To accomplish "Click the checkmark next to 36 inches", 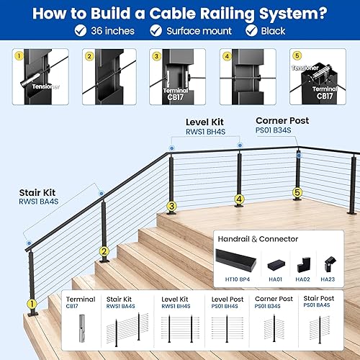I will pyautogui.click(x=81, y=30).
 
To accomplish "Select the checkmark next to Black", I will pyautogui.click(x=251, y=30).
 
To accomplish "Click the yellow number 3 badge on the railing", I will pyautogui.click(x=171, y=207).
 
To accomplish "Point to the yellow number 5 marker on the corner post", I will pyautogui.click(x=297, y=193).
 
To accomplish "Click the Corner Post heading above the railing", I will pyautogui.click(x=282, y=120).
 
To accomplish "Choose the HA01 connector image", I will pyautogui.click(x=276, y=264).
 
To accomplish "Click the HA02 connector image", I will pyautogui.click(x=303, y=262).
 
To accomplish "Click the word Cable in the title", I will pyautogui.click(x=203, y=12).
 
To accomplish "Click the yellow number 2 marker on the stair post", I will pyautogui.click(x=104, y=251).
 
